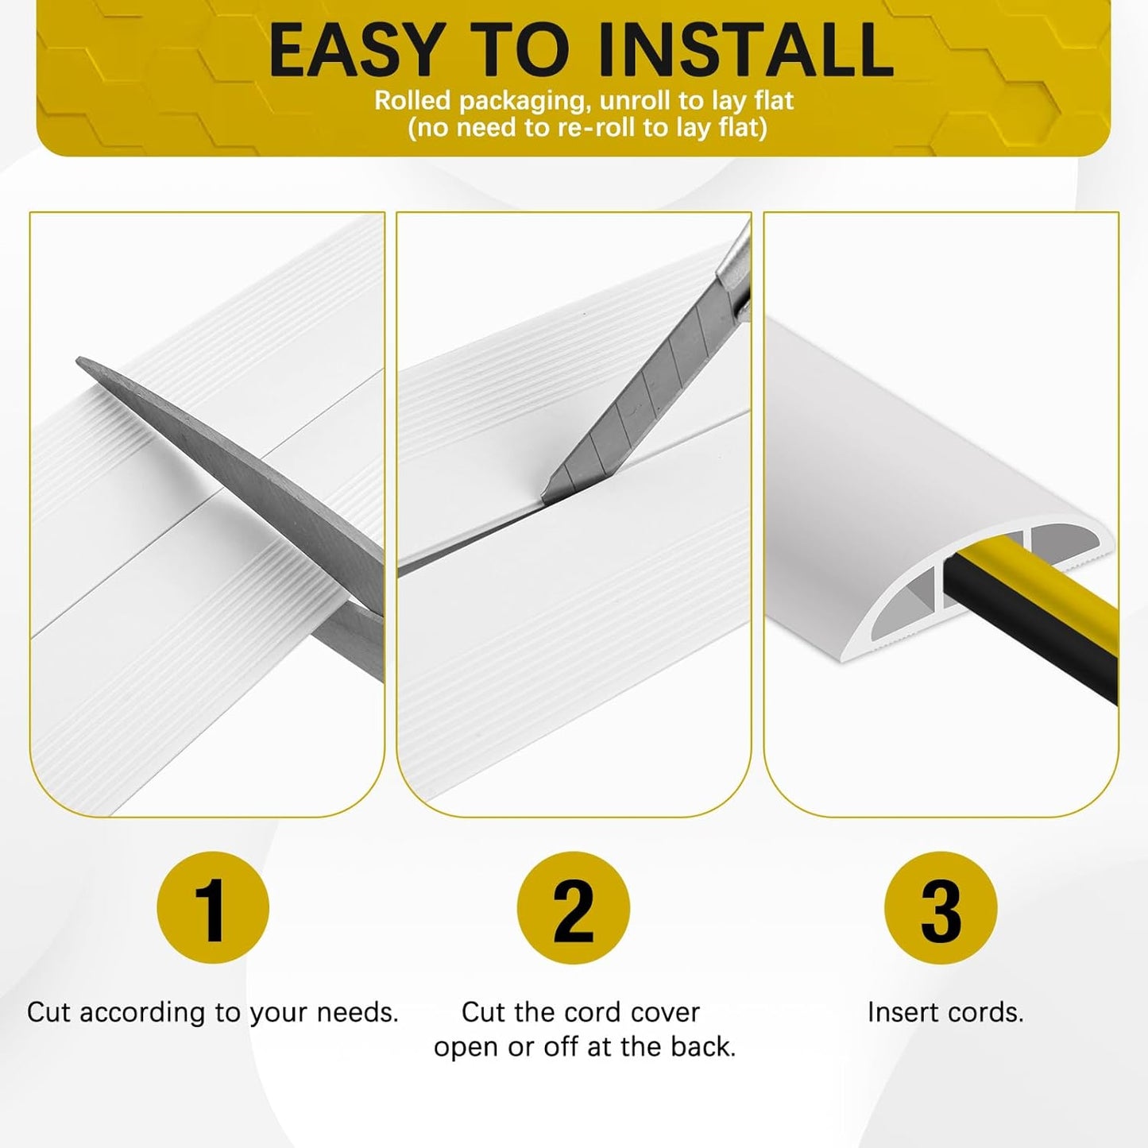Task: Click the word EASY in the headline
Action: [355, 50]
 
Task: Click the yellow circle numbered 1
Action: [213, 907]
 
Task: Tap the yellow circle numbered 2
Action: [573, 907]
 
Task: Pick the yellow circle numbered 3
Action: [940, 907]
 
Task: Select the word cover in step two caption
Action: [665, 1012]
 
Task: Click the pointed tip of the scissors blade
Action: [80, 362]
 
